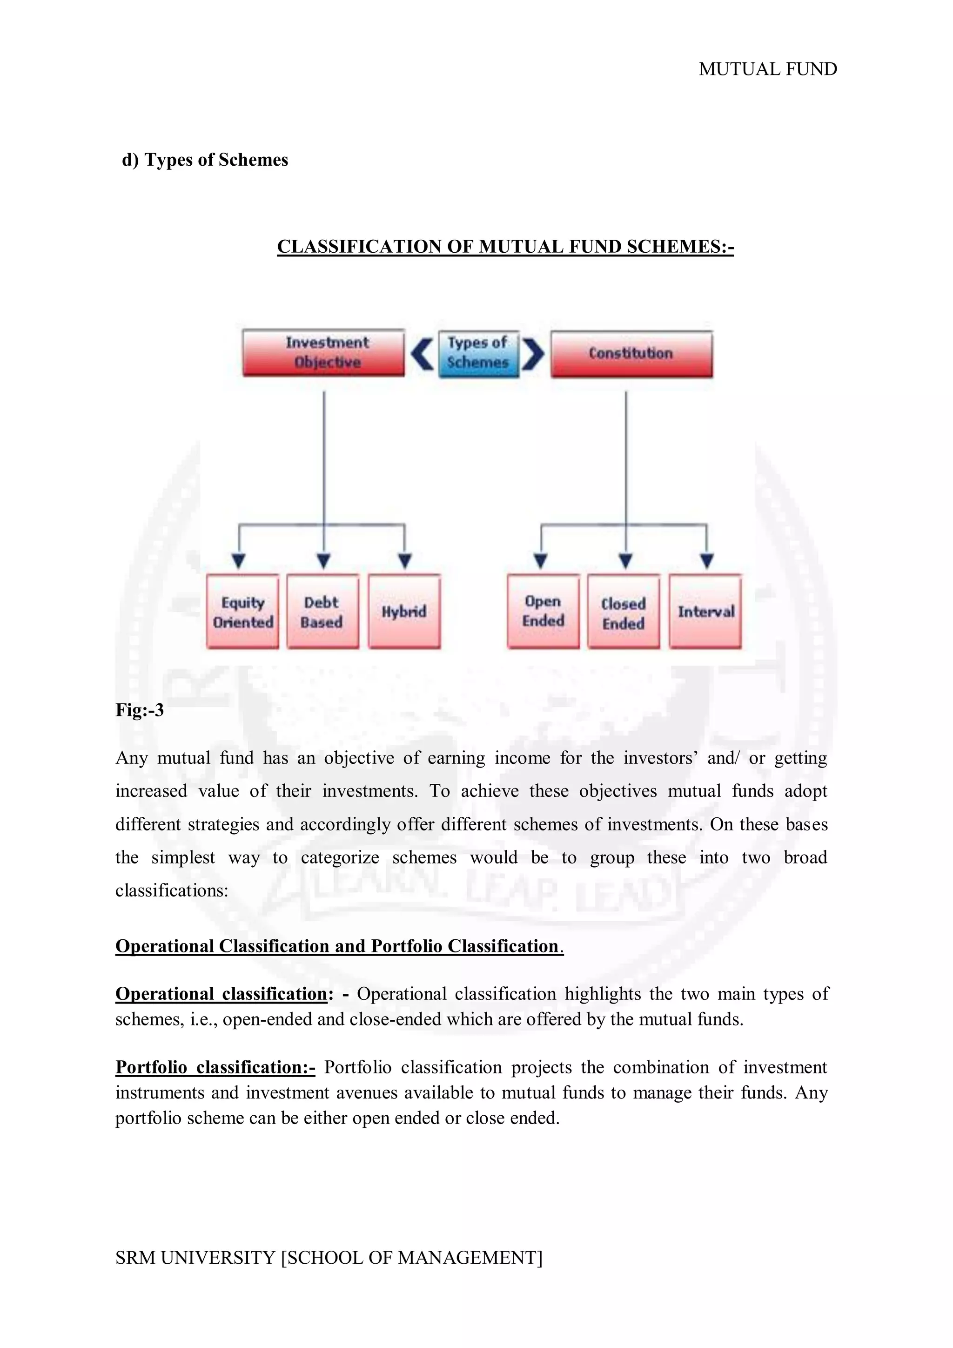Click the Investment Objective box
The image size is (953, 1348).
tap(323, 352)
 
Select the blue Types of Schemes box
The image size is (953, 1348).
tap(478, 353)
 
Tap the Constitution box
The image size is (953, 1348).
tap(631, 353)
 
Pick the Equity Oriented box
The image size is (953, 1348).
tap(242, 612)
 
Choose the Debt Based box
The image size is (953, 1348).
tap(322, 612)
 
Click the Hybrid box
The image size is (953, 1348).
tap(404, 612)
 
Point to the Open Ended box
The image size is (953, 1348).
tap(543, 612)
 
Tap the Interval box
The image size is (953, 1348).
tap(705, 612)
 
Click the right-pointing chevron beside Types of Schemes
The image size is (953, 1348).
tap(533, 353)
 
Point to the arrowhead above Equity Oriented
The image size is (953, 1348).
tap(239, 560)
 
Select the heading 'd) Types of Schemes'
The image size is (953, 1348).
tap(205, 160)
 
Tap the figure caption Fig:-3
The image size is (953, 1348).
tap(140, 710)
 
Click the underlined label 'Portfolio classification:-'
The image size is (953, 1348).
tap(215, 1067)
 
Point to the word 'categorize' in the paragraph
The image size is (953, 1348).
tap(340, 858)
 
